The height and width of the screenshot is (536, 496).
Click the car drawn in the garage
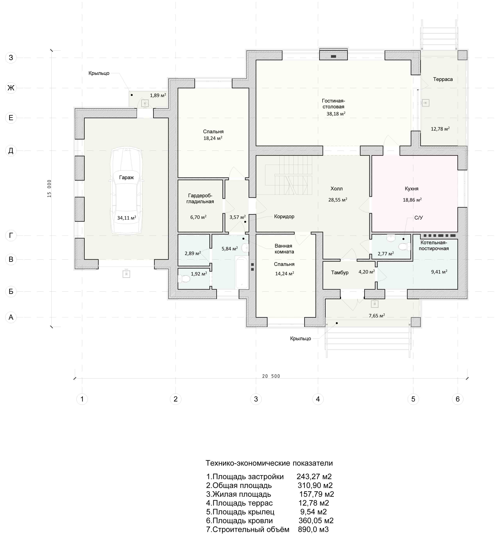click(x=126, y=191)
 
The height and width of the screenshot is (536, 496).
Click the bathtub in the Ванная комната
click(x=242, y=272)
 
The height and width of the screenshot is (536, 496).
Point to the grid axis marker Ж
click(x=11, y=88)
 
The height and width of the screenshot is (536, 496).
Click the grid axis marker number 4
click(x=318, y=399)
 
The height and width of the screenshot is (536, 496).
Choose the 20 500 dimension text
click(x=271, y=376)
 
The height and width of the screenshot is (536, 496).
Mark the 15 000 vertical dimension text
click(x=49, y=189)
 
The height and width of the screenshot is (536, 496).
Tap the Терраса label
click(x=443, y=79)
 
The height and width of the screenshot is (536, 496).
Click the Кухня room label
click(x=411, y=189)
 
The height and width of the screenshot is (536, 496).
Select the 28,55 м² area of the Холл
click(x=338, y=200)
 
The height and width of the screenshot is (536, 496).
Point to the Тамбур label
click(x=340, y=273)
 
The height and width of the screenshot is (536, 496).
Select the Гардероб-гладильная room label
click(x=200, y=199)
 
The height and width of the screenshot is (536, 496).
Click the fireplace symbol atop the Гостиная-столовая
click(x=333, y=56)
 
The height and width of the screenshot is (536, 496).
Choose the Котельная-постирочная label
click(x=434, y=246)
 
